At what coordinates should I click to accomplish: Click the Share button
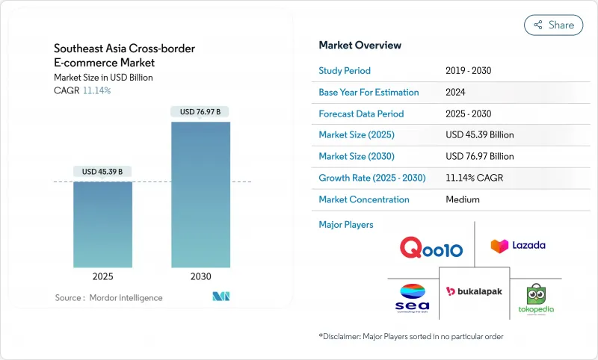point(554,25)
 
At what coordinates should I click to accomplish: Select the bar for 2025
point(102,224)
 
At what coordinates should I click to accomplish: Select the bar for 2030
point(200,194)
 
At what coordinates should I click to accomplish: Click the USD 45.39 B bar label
point(102,172)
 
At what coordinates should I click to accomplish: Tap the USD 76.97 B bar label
point(200,112)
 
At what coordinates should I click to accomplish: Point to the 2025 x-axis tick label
point(102,276)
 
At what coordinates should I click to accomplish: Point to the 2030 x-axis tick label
point(200,276)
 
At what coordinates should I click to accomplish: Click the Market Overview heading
point(360,46)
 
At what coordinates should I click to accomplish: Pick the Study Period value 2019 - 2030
point(468,71)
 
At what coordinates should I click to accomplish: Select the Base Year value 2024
point(456,93)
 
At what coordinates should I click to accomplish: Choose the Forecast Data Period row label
point(361,114)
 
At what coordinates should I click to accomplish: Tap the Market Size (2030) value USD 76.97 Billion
point(479,157)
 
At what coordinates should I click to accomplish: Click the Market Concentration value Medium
point(462,199)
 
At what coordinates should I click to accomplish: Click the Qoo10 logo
point(432,247)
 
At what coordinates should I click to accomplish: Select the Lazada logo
point(517,245)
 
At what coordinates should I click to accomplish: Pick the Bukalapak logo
point(473,291)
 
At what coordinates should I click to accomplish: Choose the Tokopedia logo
point(536,298)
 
